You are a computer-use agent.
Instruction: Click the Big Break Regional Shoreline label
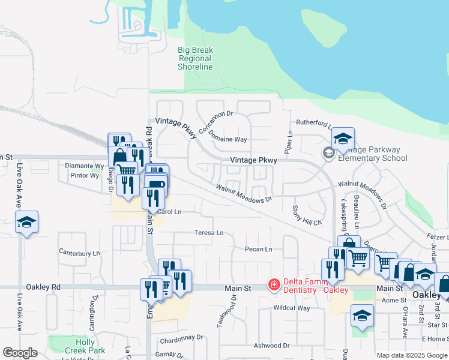195,59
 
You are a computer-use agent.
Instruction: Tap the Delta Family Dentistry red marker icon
274,284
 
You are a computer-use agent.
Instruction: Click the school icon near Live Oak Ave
26,223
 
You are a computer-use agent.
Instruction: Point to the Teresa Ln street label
208,233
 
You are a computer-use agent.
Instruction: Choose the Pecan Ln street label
258,249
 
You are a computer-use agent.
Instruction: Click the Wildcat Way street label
291,308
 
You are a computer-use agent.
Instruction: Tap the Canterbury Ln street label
79,253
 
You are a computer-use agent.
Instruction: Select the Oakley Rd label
47,287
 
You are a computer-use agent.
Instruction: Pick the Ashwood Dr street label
271,346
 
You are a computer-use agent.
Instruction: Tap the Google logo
20,353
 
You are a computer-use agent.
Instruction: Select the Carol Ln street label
169,212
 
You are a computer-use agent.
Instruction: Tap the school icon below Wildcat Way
363,316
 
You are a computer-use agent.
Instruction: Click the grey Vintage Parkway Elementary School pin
328,153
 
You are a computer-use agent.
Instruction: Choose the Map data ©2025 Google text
411,355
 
